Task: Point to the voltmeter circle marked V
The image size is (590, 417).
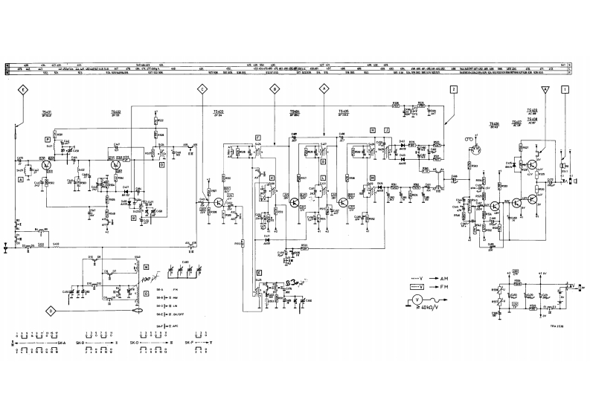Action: coord(417,300)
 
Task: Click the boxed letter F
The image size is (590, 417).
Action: coord(257,138)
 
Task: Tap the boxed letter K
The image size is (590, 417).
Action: coord(272,178)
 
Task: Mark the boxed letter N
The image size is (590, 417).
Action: coord(147,266)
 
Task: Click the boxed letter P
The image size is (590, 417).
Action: coord(46,139)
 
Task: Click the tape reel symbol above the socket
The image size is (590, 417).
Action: coord(470,139)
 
